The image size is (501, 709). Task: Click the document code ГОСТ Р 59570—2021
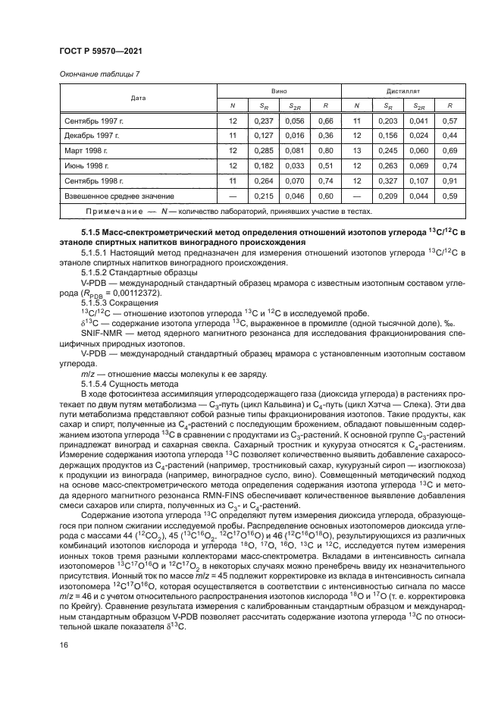[x=102, y=51]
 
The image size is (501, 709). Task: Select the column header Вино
[x=278, y=89]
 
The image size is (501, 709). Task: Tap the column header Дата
[x=139, y=97]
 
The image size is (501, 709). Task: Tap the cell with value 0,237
[x=263, y=121]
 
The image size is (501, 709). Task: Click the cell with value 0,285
[x=263, y=151]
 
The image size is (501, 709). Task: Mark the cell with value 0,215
[x=263, y=196]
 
